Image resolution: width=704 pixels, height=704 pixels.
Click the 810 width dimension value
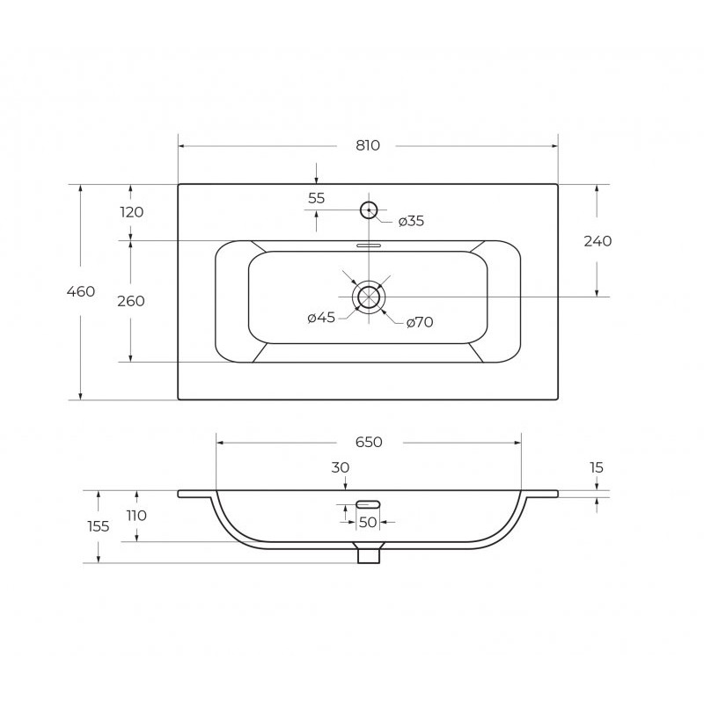coord(368,145)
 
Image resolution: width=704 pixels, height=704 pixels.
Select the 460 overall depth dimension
coord(81,291)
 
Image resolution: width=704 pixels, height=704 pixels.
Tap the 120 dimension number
coord(131,212)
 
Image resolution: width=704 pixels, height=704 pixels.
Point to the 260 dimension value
coord(131,301)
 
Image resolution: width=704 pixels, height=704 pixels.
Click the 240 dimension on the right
coord(598,241)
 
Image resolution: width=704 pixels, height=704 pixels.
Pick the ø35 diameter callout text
coord(411,221)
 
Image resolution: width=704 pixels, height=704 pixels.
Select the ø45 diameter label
coord(321,318)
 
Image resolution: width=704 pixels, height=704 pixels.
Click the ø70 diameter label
coord(420,322)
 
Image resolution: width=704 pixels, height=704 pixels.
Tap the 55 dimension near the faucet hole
coord(316,198)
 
